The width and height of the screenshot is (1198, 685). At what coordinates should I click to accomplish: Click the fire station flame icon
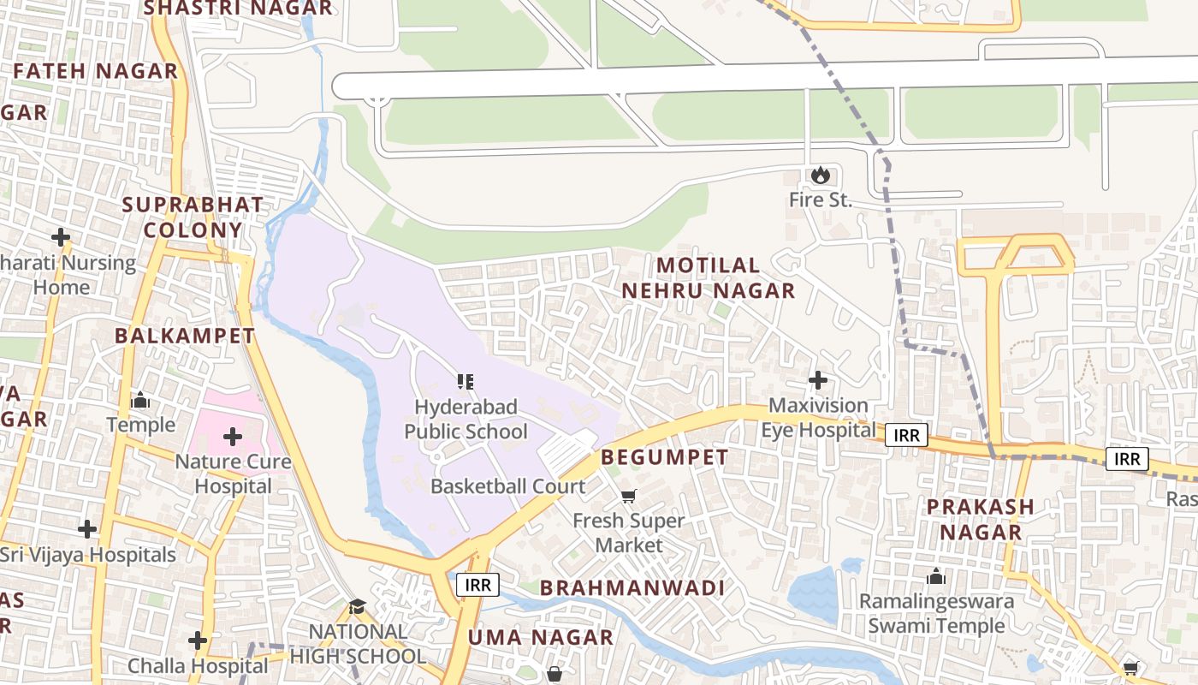820,176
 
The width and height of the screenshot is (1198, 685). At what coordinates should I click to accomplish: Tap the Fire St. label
820,201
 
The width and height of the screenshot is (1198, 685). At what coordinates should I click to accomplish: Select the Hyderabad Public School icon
466,382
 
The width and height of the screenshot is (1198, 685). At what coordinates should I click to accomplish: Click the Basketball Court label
507,486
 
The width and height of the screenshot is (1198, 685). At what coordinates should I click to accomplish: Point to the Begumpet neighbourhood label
664,457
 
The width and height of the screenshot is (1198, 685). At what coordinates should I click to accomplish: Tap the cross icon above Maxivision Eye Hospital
818,379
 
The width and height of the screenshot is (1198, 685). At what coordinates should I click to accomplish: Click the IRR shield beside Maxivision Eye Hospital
906,435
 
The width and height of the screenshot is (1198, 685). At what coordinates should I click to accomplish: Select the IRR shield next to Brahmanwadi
477,585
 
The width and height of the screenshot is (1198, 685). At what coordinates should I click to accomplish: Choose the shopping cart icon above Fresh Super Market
629,496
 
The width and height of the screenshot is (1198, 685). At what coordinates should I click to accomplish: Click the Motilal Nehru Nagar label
708,277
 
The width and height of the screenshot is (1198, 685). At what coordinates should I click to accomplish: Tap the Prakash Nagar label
981,519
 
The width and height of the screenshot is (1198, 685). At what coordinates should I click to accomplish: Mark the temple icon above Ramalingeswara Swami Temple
936,576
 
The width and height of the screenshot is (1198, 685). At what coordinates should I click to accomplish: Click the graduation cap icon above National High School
357,607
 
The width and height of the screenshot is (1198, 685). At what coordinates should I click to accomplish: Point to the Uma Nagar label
540,637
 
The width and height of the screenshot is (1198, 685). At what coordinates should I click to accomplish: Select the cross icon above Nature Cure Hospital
233,438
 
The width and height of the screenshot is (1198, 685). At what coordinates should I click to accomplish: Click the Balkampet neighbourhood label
185,336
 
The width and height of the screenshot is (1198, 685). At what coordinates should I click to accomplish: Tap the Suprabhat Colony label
193,217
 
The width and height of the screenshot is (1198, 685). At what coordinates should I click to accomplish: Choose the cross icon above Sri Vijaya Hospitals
87,529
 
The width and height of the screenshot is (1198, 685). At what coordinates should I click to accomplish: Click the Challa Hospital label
198,665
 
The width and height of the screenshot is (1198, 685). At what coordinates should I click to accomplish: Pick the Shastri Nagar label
238,9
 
